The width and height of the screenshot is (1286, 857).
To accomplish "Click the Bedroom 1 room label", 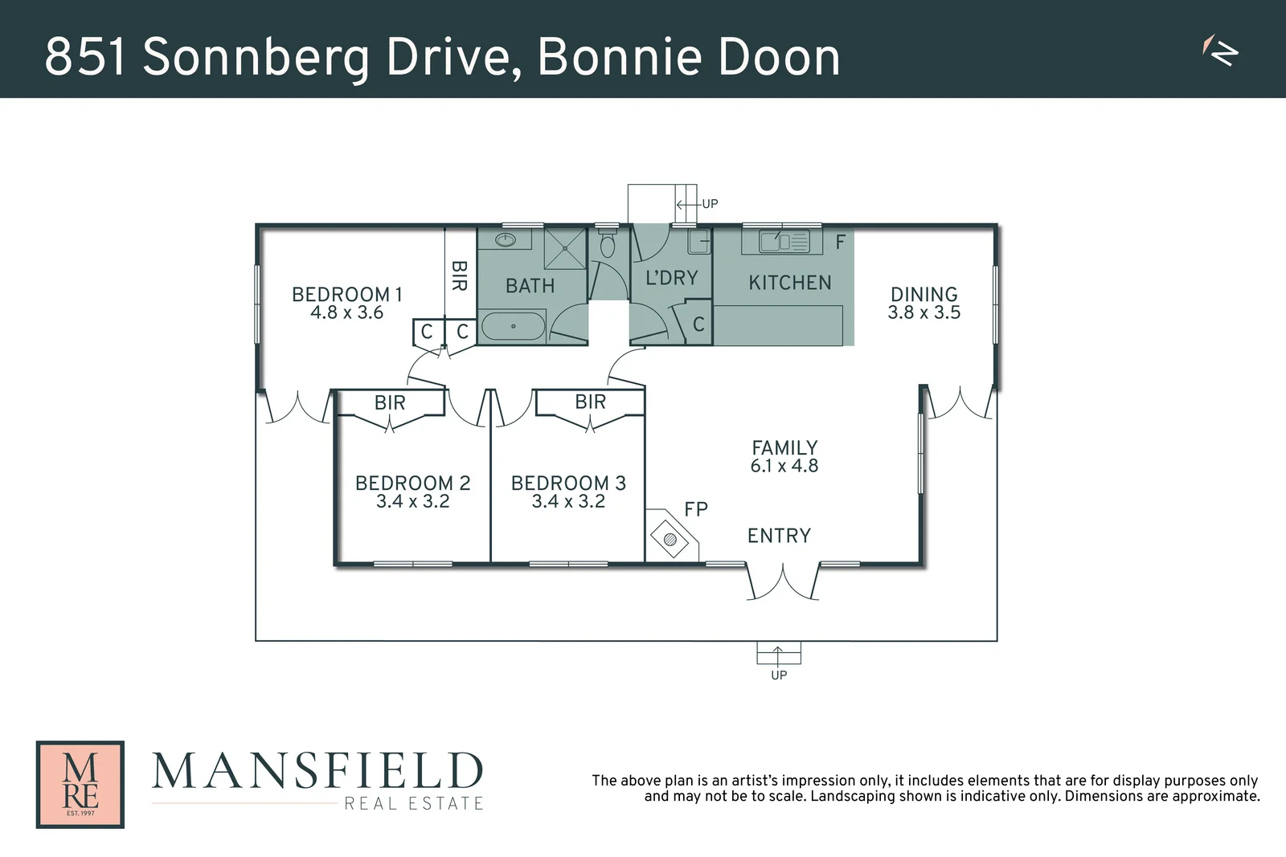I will [x=346, y=294].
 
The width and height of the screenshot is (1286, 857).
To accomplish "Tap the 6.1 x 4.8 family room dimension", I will [x=784, y=466].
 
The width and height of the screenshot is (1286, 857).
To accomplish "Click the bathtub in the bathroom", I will [x=514, y=327].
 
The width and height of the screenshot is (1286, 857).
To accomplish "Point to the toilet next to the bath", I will [x=608, y=244].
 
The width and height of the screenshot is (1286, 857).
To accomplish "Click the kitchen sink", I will [x=775, y=240].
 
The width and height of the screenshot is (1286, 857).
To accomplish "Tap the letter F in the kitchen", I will [x=841, y=242].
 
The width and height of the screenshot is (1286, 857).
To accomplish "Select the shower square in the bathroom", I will [x=565, y=248].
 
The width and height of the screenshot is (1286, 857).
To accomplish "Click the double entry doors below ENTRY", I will [x=783, y=582].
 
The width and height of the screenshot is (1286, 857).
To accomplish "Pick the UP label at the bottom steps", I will [x=779, y=675].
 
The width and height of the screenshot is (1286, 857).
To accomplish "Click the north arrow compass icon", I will [x=1221, y=51].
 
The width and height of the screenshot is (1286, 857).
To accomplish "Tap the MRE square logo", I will [x=80, y=784].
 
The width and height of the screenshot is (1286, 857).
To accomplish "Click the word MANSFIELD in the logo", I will [x=317, y=771].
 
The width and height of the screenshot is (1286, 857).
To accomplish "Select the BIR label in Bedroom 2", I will [x=390, y=402].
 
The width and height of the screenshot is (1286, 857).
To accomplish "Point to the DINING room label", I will [x=924, y=294].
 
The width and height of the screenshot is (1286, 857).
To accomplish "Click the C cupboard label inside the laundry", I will [x=698, y=324].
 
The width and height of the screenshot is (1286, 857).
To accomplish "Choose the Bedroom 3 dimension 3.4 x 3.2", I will [x=568, y=501].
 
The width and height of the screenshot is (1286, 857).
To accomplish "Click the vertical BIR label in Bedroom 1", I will [x=459, y=275].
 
